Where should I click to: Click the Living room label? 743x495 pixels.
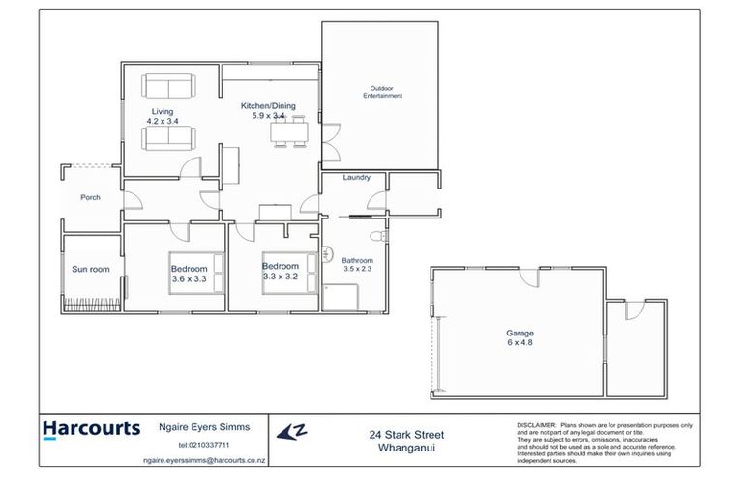click(x=162, y=112)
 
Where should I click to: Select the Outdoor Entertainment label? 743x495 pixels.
click(x=382, y=92)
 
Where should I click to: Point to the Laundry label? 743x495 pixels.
click(x=358, y=177)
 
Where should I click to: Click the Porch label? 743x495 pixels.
click(x=90, y=197)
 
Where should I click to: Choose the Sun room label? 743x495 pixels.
click(x=89, y=269)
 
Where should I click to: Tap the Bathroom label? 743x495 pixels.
click(x=357, y=260)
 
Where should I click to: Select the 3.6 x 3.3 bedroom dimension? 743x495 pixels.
click(x=189, y=278)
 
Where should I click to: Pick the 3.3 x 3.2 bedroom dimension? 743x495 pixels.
click(x=280, y=276)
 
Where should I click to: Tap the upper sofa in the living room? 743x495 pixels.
click(x=168, y=84)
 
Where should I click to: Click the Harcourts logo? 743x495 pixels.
click(x=92, y=428)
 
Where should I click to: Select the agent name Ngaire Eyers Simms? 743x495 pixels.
click(x=202, y=426)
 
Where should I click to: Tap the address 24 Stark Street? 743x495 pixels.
click(x=406, y=435)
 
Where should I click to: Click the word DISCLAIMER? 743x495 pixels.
click(x=535, y=424)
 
